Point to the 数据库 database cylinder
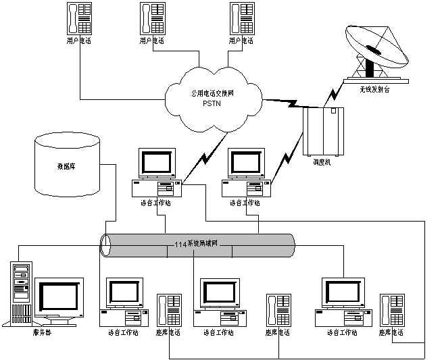68,166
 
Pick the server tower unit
22,292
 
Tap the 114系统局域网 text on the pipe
196,243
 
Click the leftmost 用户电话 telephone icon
80,19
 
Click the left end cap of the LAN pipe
105,245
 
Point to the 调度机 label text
322,162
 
